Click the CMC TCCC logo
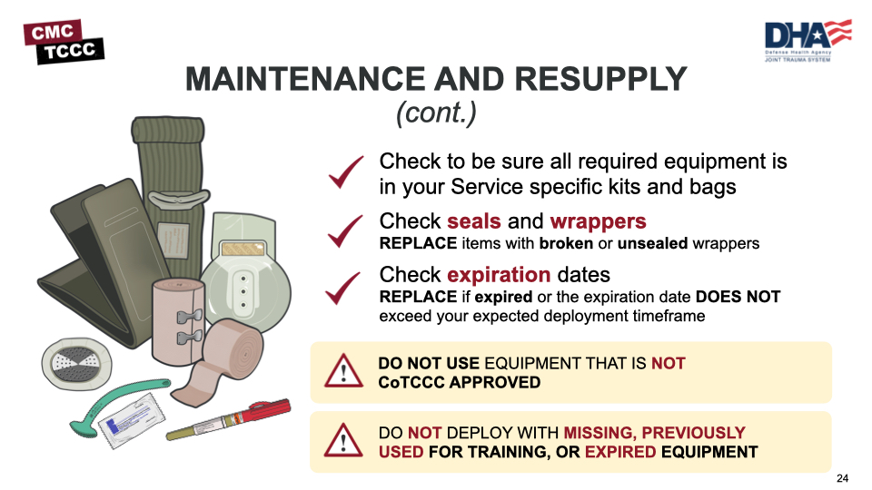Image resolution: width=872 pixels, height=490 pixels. tap(64, 41)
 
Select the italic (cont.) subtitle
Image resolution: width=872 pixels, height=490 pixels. tap(436, 113)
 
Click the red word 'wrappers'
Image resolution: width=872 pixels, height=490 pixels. tap(598, 221)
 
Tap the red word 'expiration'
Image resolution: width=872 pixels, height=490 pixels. tap(499, 275)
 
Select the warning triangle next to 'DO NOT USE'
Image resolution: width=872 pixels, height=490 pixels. tap(343, 371)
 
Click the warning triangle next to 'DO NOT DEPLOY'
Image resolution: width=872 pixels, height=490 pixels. tap(343, 441)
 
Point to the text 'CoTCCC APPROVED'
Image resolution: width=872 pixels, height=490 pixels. tap(459, 382)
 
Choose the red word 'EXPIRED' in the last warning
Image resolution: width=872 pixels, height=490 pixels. tap(620, 452)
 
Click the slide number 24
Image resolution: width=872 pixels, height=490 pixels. tap(842, 478)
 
